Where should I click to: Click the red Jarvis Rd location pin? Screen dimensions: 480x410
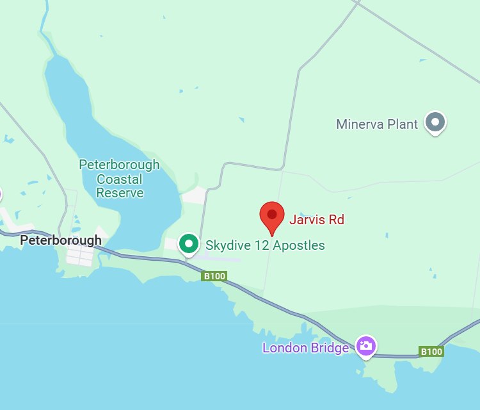pyautogui.click(x=272, y=216)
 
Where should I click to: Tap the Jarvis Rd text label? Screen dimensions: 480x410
pyautogui.click(x=316, y=220)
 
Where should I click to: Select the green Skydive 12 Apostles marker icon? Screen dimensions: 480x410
pyautogui.click(x=188, y=243)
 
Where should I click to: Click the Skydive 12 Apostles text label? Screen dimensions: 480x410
pyautogui.click(x=265, y=245)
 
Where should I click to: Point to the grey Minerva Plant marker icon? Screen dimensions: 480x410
pyautogui.click(x=436, y=121)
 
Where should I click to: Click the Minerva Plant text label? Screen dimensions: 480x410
pyautogui.click(x=377, y=124)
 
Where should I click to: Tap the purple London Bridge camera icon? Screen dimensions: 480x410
pyautogui.click(x=366, y=346)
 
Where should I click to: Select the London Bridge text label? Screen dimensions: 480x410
pyautogui.click(x=305, y=348)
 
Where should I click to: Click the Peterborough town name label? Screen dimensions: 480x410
pyautogui.click(x=61, y=240)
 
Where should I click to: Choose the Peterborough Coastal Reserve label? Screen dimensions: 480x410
pyautogui.click(x=119, y=179)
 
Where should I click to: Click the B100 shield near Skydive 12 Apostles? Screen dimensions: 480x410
pyautogui.click(x=214, y=276)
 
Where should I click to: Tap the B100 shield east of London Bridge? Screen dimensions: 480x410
pyautogui.click(x=431, y=351)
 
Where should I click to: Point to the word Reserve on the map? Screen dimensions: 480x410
pyautogui.click(x=120, y=193)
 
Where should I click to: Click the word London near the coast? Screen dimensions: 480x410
pyautogui.click(x=283, y=348)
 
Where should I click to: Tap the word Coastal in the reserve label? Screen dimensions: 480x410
pyautogui.click(x=119, y=179)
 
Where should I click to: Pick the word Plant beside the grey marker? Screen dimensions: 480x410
pyautogui.click(x=403, y=124)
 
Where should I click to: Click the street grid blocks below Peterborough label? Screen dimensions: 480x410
pyautogui.click(x=81, y=257)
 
